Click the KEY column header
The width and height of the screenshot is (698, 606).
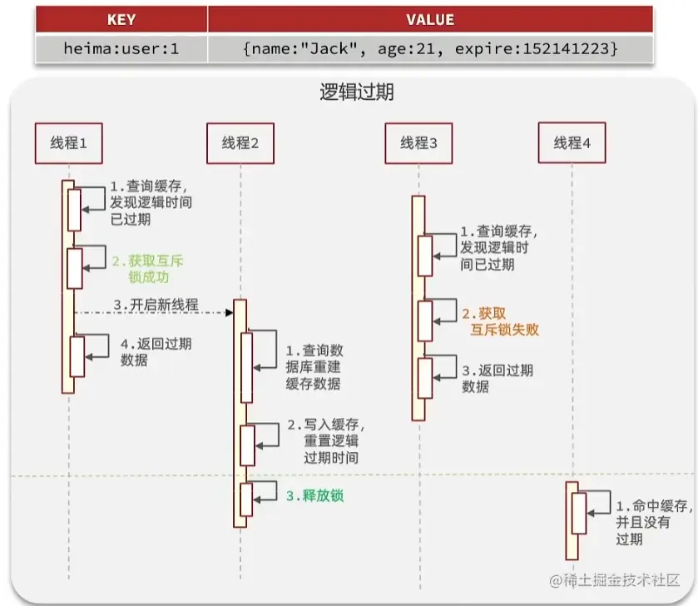point(121,20)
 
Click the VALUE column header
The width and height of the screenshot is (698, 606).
point(430,20)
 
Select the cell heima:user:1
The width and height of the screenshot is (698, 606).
point(121,48)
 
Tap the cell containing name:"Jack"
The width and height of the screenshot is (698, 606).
point(430,48)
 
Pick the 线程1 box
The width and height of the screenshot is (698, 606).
point(68,143)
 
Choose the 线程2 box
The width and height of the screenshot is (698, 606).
point(240,143)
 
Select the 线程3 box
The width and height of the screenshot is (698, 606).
point(418,143)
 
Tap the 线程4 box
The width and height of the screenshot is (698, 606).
point(572,143)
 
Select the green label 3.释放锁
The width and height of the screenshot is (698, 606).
point(314,496)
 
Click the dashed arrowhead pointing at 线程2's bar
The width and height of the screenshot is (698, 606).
point(228,313)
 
